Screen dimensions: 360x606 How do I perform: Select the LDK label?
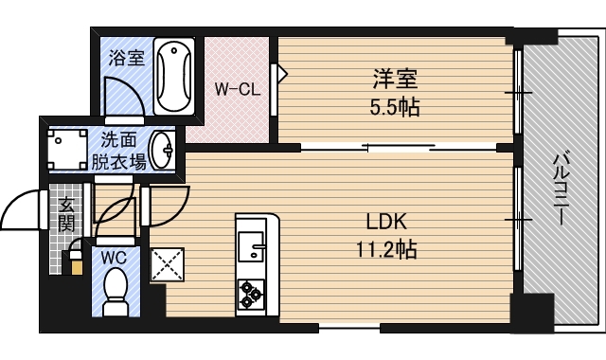click(386, 223)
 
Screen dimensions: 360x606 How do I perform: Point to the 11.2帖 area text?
click(385, 250)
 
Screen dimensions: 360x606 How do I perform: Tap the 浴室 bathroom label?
click(127, 58)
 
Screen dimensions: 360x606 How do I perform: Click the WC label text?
click(116, 255)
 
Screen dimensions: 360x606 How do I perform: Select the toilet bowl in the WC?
click(116, 288)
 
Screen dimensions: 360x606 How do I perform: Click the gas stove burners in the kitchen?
click(252, 294)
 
